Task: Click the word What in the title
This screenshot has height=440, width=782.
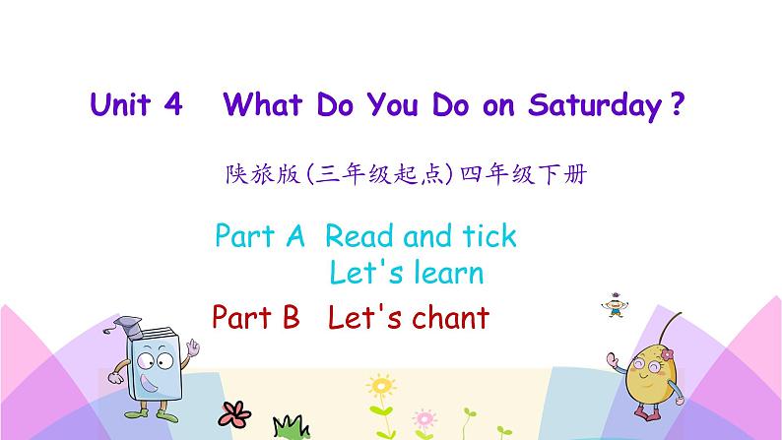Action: click(263, 106)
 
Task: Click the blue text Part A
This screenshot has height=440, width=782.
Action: click(260, 236)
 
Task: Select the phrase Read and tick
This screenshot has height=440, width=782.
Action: click(421, 236)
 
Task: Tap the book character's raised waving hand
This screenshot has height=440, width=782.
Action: click(194, 349)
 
